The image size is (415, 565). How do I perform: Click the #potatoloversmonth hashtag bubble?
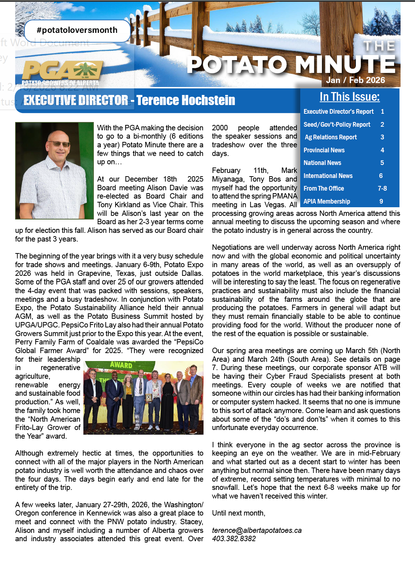point(77,30)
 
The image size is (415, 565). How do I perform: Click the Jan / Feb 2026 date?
point(355,80)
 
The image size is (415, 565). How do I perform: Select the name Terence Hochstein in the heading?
point(185,100)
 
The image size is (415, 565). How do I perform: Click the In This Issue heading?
point(349,97)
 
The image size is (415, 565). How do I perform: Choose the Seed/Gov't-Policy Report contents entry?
point(337,125)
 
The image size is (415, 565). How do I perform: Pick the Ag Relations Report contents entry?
point(331,137)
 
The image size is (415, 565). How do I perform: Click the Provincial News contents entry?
point(324,150)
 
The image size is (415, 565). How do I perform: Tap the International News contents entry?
point(328,176)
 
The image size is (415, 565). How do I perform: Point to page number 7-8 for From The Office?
point(382,188)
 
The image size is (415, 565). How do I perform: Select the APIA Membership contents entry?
point(327,201)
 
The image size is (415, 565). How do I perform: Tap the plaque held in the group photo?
point(148,397)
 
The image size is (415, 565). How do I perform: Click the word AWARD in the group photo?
point(121,365)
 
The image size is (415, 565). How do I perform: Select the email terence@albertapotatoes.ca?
point(257,530)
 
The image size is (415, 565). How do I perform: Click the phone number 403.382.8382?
point(234,539)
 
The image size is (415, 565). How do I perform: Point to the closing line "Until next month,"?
point(239,513)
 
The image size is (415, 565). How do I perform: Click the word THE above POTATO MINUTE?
point(379,46)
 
